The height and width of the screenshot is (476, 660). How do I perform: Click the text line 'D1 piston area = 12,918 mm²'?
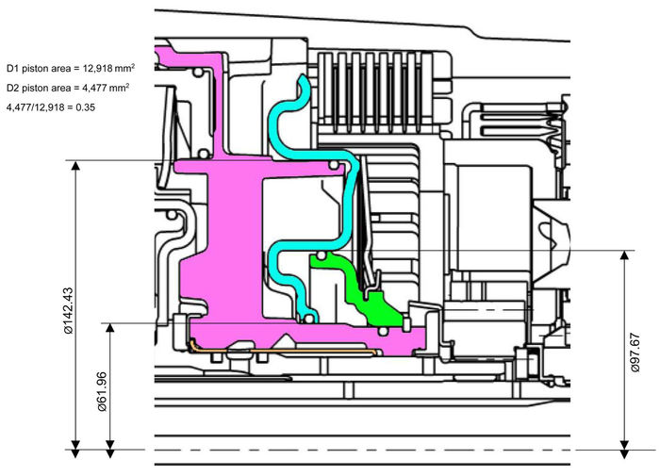67,69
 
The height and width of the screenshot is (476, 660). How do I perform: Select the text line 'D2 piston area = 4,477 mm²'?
67,88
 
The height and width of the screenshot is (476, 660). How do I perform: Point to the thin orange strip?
283,350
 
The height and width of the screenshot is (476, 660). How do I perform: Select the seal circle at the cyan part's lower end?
308,318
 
